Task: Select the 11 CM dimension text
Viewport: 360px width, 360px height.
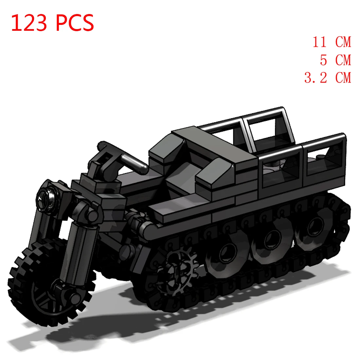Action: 331,42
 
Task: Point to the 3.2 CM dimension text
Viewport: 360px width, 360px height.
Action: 327,78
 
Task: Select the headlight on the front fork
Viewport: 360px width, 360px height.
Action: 46,196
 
